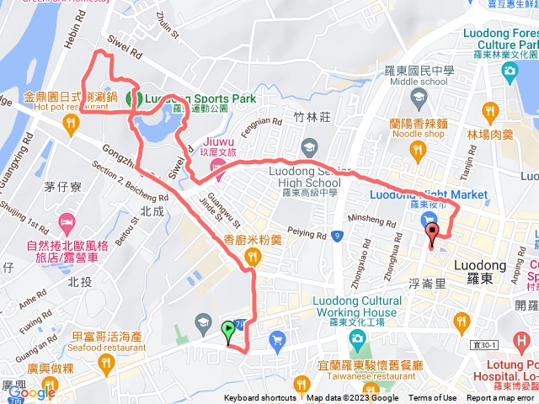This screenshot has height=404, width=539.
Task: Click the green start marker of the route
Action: tap(227, 330)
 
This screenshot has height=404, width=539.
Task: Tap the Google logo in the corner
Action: tap(31, 393)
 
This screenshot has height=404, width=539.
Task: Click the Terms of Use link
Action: tap(433, 398)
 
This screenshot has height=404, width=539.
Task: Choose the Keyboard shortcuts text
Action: tap(260, 398)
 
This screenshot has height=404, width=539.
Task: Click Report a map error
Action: tap(500, 398)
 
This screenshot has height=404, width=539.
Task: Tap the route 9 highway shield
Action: tap(335, 237)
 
